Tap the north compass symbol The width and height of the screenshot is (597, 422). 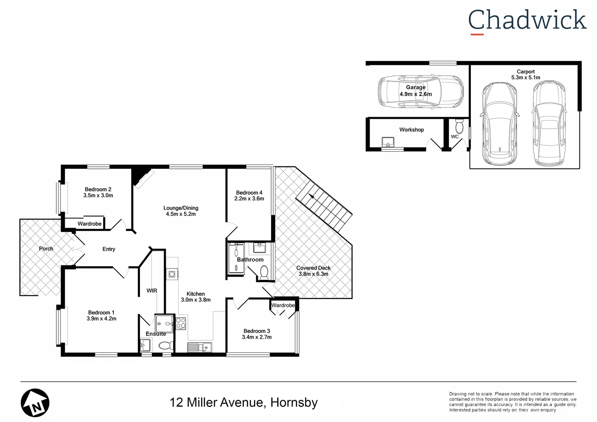(x=35, y=403)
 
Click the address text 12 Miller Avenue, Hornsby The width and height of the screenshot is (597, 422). (x=243, y=402)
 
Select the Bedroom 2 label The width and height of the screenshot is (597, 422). (x=98, y=189)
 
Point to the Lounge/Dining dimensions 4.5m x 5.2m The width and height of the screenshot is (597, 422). (x=181, y=214)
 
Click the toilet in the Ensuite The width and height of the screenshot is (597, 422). (x=167, y=345)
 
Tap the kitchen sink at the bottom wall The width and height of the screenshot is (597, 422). (x=199, y=347)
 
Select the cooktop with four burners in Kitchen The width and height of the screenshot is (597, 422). (x=181, y=323)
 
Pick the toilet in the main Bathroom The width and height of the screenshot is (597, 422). (x=264, y=272)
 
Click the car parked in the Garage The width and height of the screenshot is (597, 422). (x=420, y=91)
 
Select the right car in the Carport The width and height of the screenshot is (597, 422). (x=549, y=123)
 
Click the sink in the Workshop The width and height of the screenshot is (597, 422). (x=388, y=142)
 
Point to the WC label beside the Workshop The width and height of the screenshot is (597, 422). (x=455, y=137)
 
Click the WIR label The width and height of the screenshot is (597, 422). (x=152, y=291)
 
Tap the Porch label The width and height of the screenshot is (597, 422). (x=46, y=249)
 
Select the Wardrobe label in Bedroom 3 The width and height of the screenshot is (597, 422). (x=283, y=305)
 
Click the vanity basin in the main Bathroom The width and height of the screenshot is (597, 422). (x=259, y=248)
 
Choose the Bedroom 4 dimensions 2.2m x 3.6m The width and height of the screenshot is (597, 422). (x=249, y=198)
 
